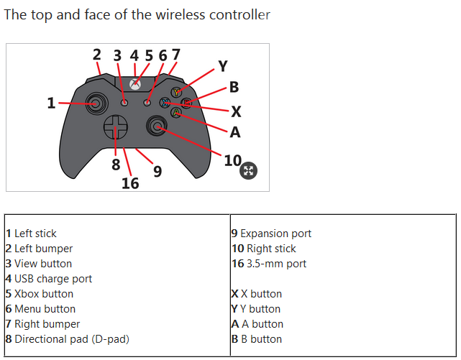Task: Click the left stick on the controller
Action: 94,103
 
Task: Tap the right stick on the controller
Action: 157,127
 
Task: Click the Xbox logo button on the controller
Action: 134,83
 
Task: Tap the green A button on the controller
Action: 175,112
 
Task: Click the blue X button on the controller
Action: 165,103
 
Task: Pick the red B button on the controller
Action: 186,103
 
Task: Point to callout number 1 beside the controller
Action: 51,103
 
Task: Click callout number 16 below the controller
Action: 130,183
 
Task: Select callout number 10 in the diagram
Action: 232,160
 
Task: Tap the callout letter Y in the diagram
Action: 222,66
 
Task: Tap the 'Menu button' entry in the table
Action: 45,309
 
